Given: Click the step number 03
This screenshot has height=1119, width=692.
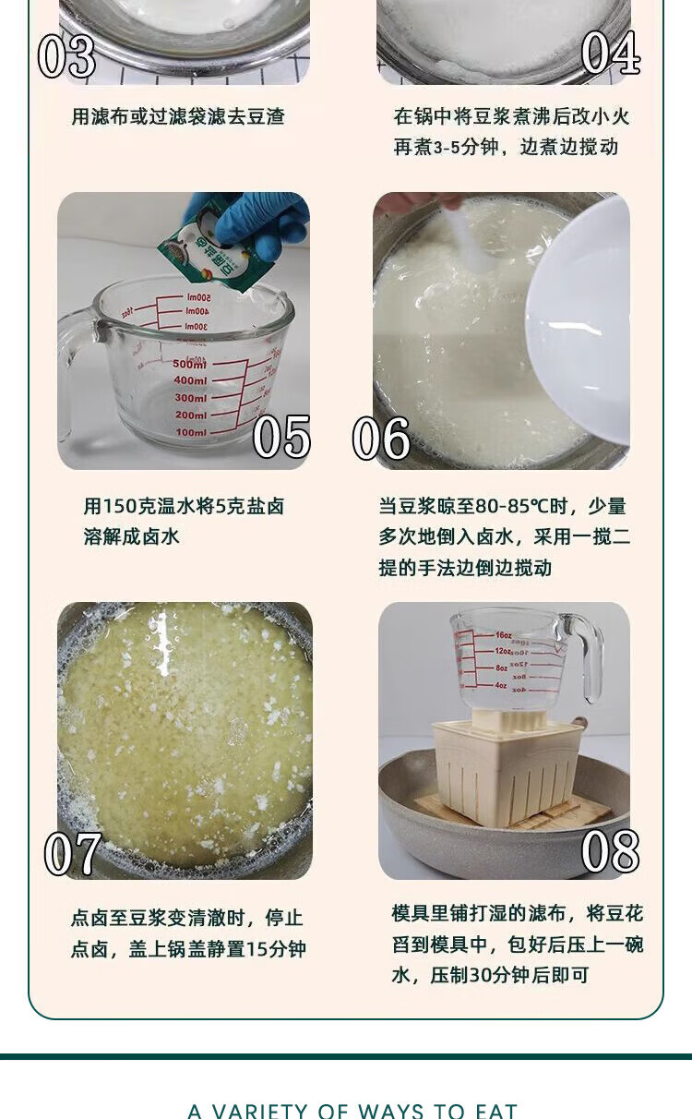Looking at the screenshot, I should coord(66,56).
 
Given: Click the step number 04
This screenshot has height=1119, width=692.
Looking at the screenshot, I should coord(611,53).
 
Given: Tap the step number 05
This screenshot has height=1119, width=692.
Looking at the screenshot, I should coord(281,438).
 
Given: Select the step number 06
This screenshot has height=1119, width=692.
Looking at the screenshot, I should coord(381,439).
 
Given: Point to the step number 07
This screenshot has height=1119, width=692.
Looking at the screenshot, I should coord(73,854).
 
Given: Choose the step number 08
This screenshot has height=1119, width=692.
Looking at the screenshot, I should coord(610,851).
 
